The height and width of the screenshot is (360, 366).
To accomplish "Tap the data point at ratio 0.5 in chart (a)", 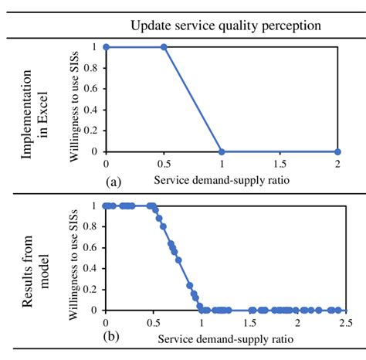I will pos(164,47).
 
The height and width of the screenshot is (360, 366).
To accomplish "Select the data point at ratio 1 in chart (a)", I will pos(222,151).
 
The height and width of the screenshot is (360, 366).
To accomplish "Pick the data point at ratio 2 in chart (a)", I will pos(338,151).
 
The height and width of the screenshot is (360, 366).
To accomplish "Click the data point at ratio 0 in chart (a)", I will pos(106,47).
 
